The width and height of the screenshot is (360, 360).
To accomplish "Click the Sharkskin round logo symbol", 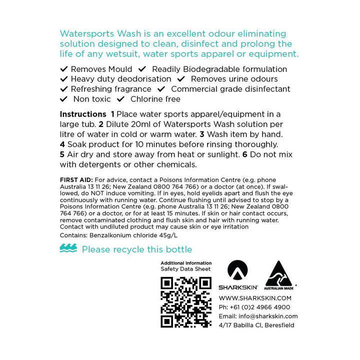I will click(237, 271).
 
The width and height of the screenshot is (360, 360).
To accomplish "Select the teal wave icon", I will click(68, 248).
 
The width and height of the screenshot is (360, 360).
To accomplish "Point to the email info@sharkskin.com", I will click(258, 316).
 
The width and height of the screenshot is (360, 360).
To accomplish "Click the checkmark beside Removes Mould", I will click(63, 69).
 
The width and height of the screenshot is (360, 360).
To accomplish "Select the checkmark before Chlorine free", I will click(120, 99).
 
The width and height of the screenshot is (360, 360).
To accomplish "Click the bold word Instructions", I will click(82, 114).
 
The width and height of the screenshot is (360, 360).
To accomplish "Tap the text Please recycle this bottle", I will click(136, 249).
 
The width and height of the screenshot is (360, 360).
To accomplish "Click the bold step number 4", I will click(62, 144).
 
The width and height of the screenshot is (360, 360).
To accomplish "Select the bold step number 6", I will click(245, 154).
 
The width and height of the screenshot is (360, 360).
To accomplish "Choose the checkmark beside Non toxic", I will click(63, 99).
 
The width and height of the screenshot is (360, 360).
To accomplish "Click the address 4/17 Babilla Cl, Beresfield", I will click(256, 325).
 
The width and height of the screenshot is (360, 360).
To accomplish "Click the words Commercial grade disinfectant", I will click(230, 89).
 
